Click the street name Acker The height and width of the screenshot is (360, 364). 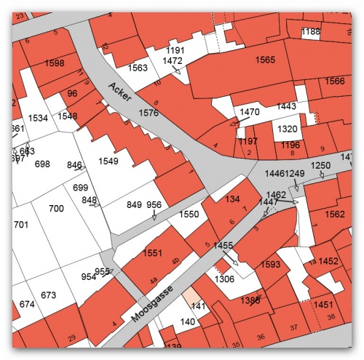pyautogui.click(x=118, y=94)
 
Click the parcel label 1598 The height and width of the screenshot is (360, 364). pyautogui.click(x=55, y=63)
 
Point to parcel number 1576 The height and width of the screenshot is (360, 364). pyautogui.click(x=149, y=113)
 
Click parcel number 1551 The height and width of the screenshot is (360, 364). pyautogui.click(x=153, y=252)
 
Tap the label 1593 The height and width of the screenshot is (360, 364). pyautogui.click(x=270, y=265)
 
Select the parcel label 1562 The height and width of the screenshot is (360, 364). pyautogui.click(x=334, y=215)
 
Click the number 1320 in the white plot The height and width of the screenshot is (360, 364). pyautogui.click(x=288, y=129)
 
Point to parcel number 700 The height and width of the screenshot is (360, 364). pyautogui.click(x=56, y=209)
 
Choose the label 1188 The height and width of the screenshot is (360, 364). pyautogui.click(x=311, y=32)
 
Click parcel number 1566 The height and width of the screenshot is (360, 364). pyautogui.click(x=334, y=81)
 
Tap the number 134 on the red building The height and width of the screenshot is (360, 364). pyautogui.click(x=232, y=199)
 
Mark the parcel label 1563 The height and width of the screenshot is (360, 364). pyautogui.click(x=138, y=68)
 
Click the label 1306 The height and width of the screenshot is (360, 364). pyautogui.click(x=224, y=279)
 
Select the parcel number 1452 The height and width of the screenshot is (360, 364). pyautogui.click(x=328, y=261)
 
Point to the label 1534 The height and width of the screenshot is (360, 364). pyautogui.click(x=38, y=117)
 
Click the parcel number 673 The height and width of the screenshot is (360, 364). pyautogui.click(x=49, y=295)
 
